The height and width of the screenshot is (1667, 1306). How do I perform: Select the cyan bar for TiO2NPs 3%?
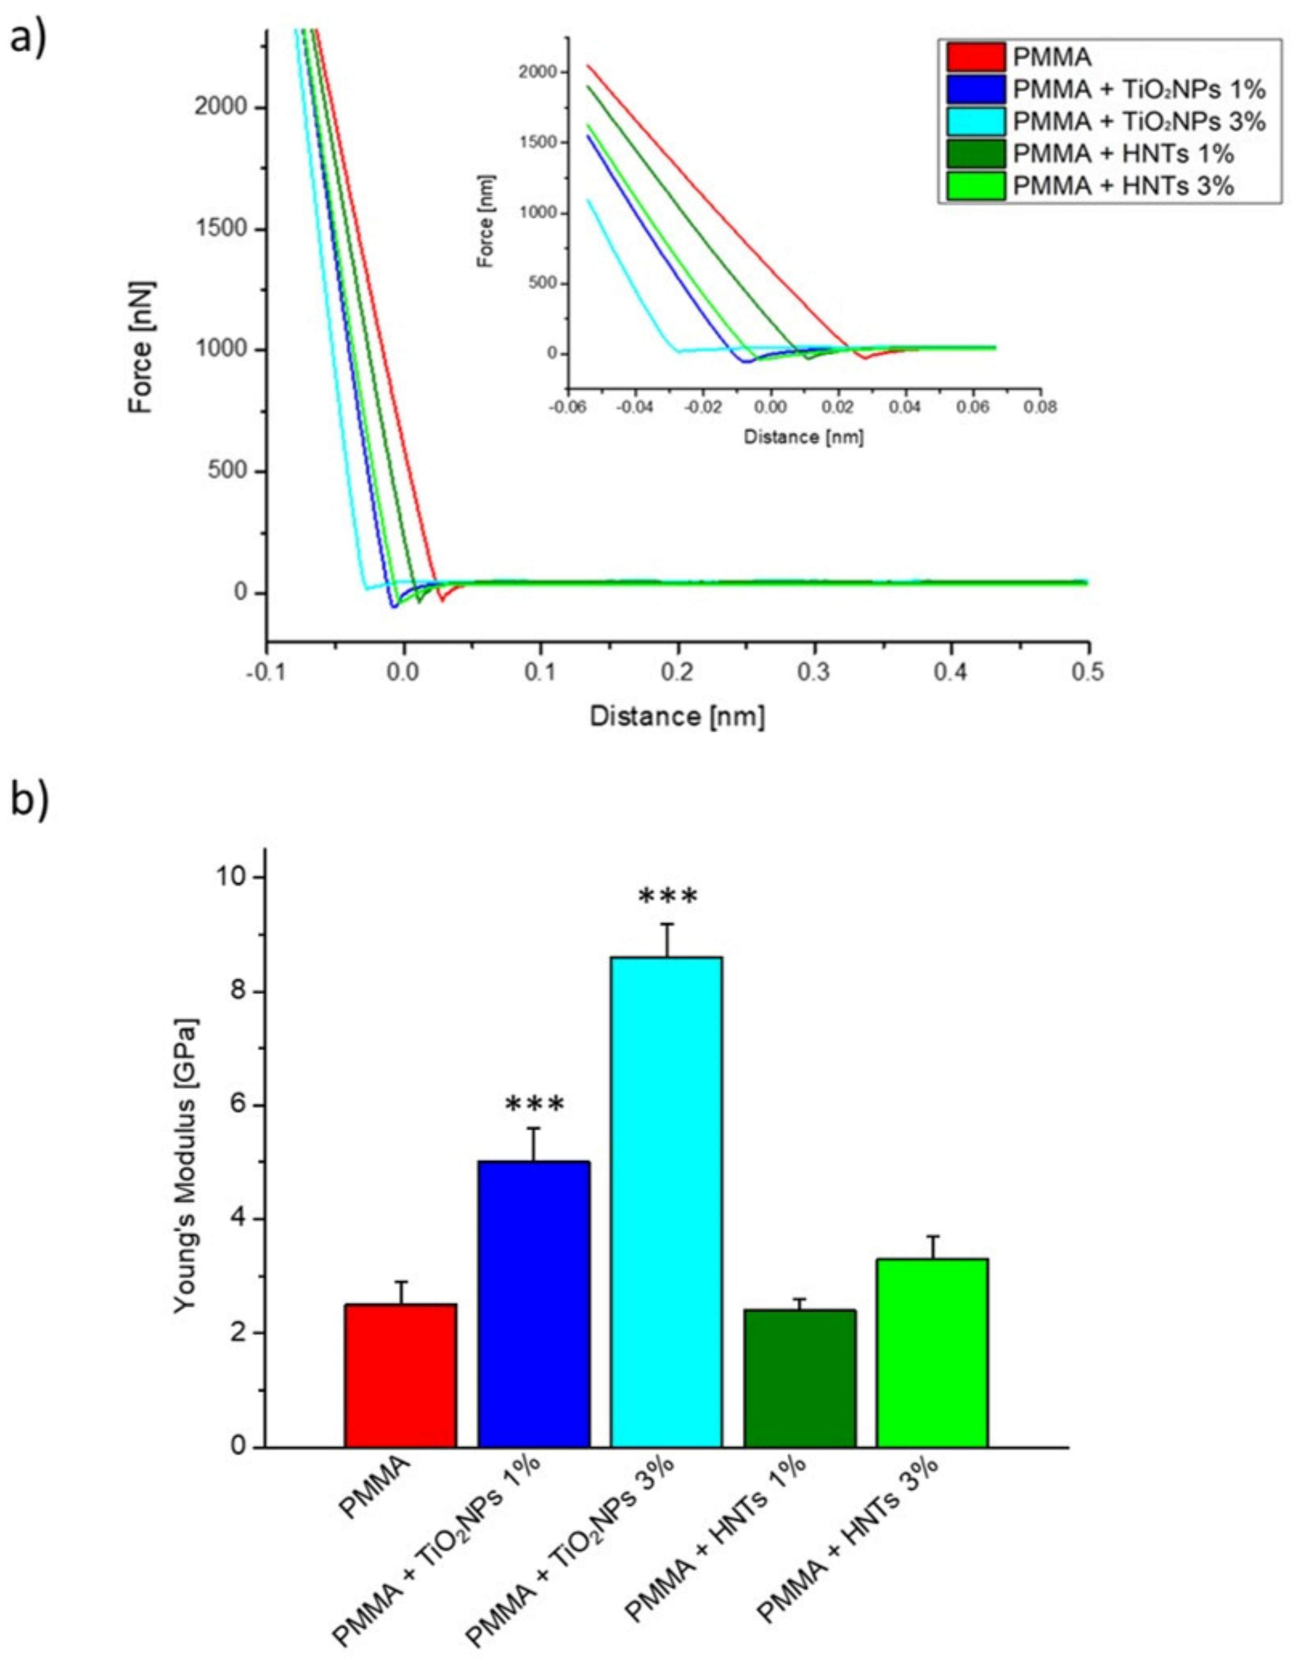666,1201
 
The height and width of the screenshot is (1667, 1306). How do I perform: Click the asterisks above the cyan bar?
668,896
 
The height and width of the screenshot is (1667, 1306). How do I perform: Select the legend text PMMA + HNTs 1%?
1123,154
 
